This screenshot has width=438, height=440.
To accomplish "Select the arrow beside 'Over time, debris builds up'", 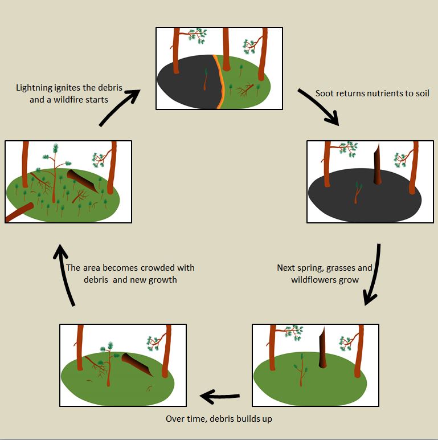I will point(219,396).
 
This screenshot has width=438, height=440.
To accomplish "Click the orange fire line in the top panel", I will point(216,80).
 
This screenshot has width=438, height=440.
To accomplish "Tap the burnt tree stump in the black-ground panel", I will point(377,166).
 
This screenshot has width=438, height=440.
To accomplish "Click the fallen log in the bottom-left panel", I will point(137,365).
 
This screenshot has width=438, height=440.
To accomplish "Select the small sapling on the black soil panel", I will point(357,193).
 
